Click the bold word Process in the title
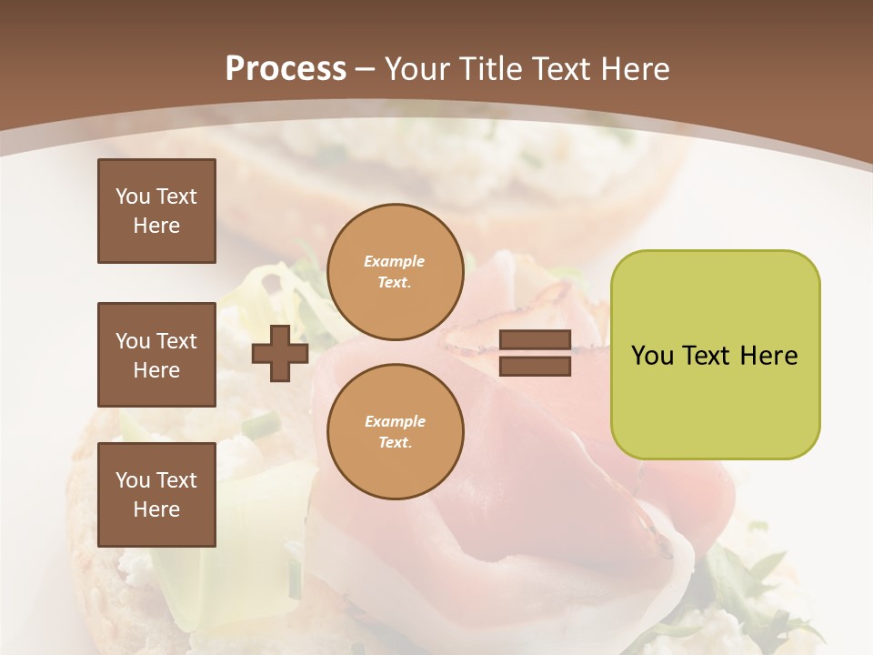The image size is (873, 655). [x=286, y=69]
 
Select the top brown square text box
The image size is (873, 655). [x=156, y=211]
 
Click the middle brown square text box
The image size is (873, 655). [x=156, y=355]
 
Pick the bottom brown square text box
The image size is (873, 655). [x=156, y=494]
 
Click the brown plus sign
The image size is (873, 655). [x=280, y=353]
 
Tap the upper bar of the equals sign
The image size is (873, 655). [x=535, y=341]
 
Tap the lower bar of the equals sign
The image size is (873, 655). [x=535, y=366]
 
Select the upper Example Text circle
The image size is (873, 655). [x=395, y=271]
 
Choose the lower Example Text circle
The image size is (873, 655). [x=395, y=431]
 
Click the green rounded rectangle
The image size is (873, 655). [x=715, y=400]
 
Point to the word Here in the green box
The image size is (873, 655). [x=768, y=356]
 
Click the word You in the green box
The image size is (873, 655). [x=652, y=356]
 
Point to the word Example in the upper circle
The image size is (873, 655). [x=394, y=261]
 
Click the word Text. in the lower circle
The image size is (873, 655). [x=395, y=442]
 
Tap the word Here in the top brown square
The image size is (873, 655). [x=156, y=226]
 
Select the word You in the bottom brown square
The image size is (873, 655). [x=133, y=480]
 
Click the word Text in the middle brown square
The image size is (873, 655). [x=176, y=341]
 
